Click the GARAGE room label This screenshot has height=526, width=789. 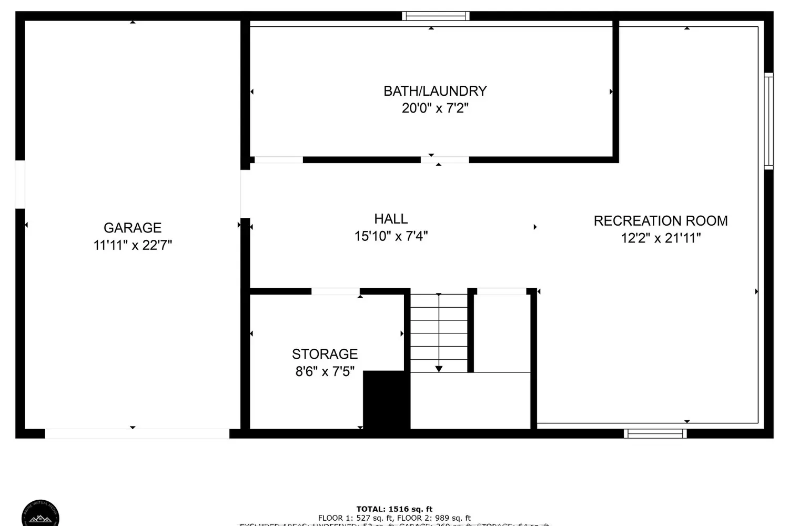(x=133, y=228)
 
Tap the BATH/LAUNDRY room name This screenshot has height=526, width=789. (x=435, y=91)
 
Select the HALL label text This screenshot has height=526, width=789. (x=391, y=219)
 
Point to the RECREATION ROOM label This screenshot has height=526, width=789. (x=661, y=221)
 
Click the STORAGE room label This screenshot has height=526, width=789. (x=325, y=354)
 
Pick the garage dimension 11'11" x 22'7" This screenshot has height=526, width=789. (x=133, y=245)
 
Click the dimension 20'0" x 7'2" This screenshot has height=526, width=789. (x=435, y=108)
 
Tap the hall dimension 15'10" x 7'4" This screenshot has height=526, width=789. (x=391, y=236)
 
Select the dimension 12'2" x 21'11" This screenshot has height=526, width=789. (x=661, y=238)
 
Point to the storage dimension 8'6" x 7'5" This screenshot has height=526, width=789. (x=325, y=372)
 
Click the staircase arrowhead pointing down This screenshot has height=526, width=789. (x=439, y=369)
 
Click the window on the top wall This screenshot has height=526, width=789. (x=436, y=16)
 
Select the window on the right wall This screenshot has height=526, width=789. (x=768, y=121)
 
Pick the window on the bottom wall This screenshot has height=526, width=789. (x=655, y=433)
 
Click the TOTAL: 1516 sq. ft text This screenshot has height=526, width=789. (x=394, y=509)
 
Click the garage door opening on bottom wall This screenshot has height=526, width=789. (x=137, y=433)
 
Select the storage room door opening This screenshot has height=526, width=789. (x=336, y=291)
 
